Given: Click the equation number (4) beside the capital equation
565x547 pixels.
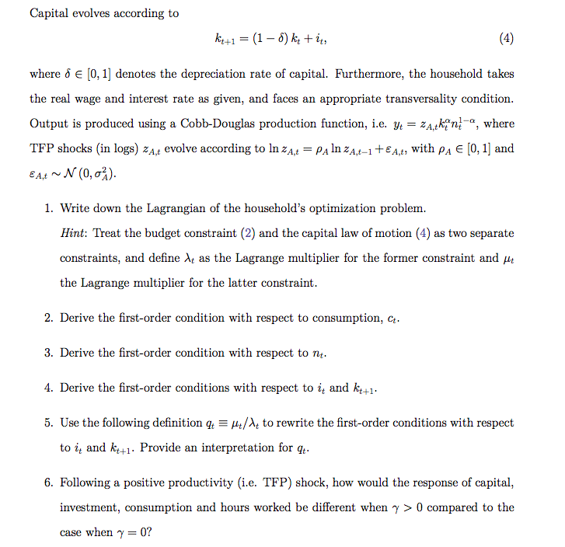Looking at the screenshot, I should coord(505,38).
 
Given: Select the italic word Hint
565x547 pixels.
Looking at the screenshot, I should coord(73,233).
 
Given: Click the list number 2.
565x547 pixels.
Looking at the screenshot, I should coord(48,318).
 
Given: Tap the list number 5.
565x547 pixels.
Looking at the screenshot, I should coord(48,423).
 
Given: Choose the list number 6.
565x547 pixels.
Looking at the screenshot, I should coord(48,483).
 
